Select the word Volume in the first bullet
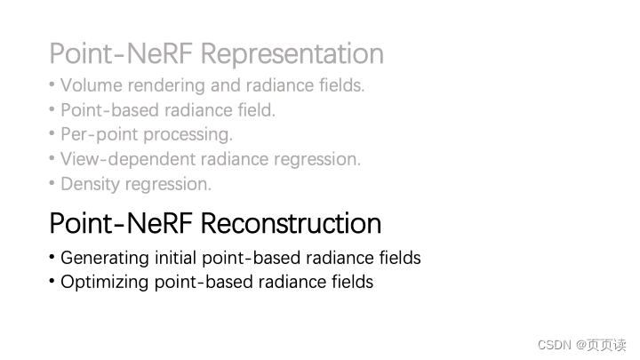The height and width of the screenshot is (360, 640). (x=90, y=86)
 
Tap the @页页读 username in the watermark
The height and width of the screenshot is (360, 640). (x=600, y=345)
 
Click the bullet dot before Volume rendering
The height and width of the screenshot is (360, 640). (x=52, y=86)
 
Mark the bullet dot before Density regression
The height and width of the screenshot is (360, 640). (x=52, y=185)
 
